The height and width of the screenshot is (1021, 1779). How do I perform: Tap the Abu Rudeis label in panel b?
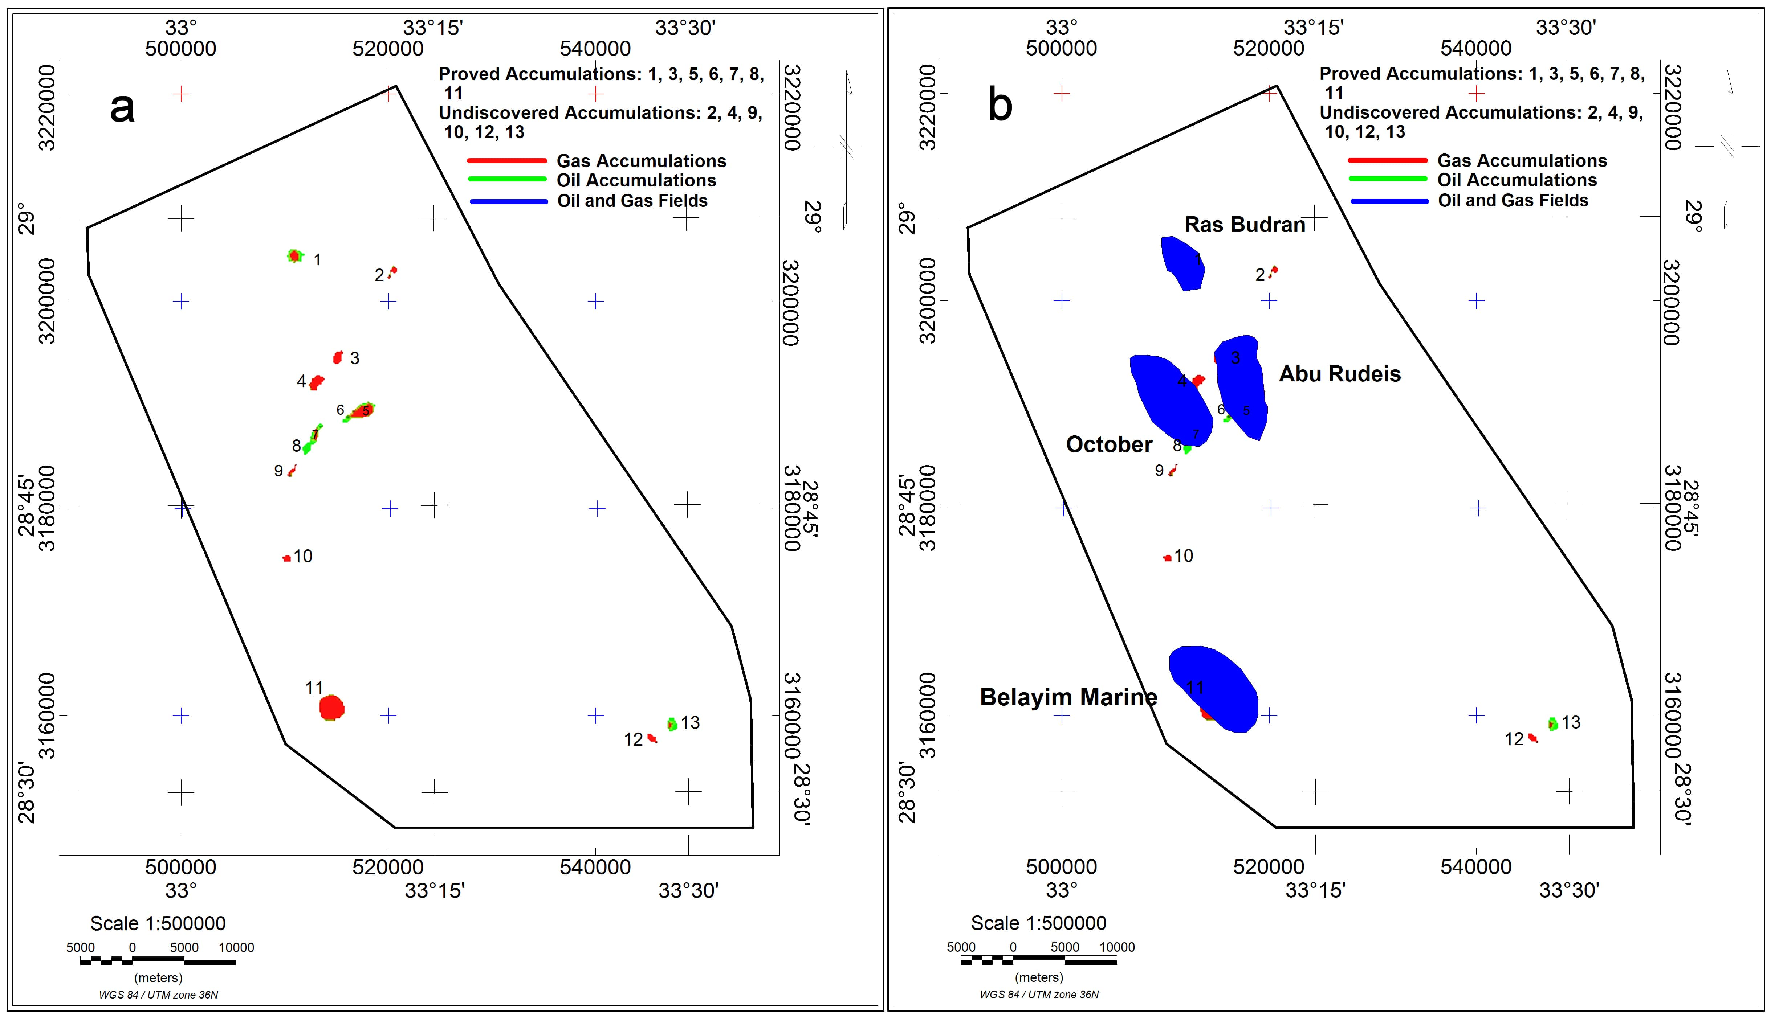[x=1339, y=374]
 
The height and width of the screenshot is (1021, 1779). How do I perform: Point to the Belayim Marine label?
[x=1068, y=697]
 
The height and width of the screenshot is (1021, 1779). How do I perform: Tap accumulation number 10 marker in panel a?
[x=286, y=558]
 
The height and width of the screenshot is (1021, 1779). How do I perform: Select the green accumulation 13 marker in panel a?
[x=672, y=724]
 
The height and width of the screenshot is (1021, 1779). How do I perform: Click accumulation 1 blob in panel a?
[x=295, y=255]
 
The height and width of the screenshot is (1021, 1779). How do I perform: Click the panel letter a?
[x=122, y=107]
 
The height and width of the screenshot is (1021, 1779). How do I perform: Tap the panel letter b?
[x=1000, y=105]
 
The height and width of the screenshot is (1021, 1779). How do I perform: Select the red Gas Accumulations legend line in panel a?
[x=506, y=161]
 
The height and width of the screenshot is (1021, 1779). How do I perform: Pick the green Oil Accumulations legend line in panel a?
[x=506, y=180]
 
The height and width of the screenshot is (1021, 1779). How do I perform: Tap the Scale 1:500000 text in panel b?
[x=1038, y=923]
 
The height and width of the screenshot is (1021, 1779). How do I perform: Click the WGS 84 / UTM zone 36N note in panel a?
[x=159, y=995]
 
